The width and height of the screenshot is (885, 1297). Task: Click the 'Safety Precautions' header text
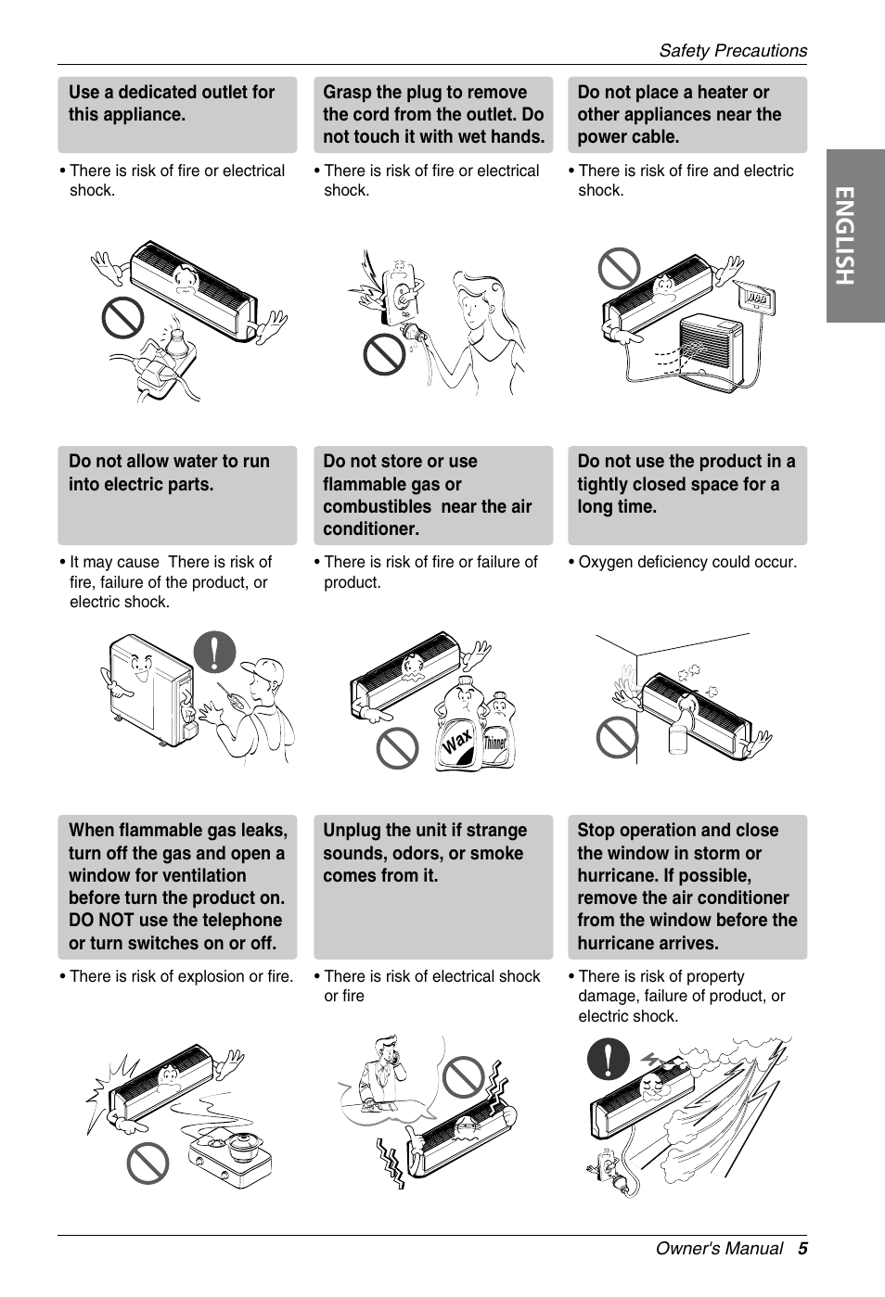tap(733, 51)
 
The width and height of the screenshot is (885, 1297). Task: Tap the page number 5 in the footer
tap(802, 1249)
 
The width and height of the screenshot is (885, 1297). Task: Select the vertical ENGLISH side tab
tap(855, 235)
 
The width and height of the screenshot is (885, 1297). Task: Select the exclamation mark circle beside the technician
tap(214, 652)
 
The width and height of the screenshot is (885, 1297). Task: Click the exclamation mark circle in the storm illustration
tap(608, 1059)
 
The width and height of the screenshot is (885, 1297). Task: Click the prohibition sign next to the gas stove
tap(147, 1163)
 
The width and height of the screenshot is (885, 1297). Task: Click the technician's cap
tap(264, 668)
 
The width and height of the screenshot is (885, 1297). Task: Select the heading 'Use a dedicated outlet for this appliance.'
tap(171, 103)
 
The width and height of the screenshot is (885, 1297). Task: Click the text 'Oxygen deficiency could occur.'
tap(687, 562)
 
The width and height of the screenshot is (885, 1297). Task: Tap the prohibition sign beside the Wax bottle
tap(397, 748)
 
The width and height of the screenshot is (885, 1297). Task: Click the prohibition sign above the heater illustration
tap(620, 268)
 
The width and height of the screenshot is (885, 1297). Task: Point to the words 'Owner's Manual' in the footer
tap(719, 1249)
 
